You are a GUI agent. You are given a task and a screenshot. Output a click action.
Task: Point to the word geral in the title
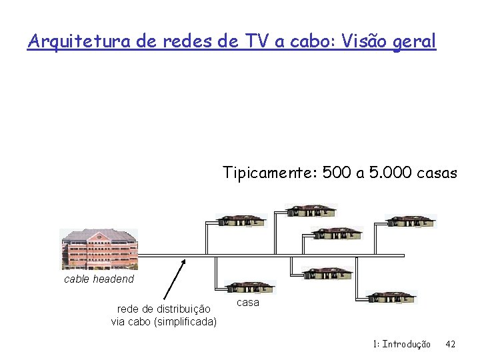(x=414, y=43)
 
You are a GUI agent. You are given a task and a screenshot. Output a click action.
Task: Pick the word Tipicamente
(x=269, y=174)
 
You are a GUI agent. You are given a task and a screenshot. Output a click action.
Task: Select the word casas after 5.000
(x=437, y=174)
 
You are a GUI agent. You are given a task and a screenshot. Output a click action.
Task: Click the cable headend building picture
(x=99, y=249)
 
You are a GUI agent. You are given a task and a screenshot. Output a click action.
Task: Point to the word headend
(x=113, y=279)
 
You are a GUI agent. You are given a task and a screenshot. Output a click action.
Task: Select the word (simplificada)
(x=185, y=322)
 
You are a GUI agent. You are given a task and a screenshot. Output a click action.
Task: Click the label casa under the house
(x=248, y=302)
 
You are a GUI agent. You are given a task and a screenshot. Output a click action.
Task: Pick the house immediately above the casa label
(x=250, y=287)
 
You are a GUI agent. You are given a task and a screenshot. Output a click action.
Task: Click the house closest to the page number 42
(x=392, y=297)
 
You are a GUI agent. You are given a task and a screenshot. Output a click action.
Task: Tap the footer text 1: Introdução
(x=402, y=344)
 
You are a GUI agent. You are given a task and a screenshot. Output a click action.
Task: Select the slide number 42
(x=451, y=344)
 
